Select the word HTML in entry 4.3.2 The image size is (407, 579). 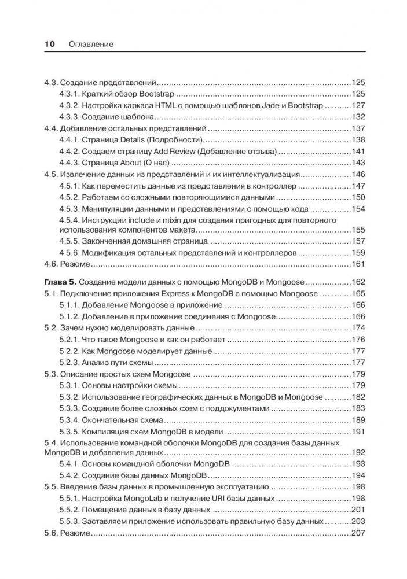151,106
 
